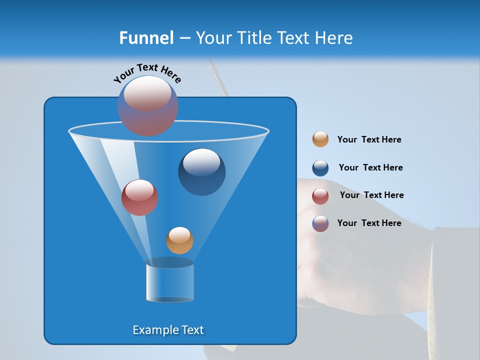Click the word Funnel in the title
146,38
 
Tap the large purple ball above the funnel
147,105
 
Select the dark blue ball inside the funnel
201,172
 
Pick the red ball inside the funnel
139,197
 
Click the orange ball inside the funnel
179,240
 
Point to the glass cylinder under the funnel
170,283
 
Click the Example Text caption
168,330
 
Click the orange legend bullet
320,139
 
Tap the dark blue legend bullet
320,168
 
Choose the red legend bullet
320,195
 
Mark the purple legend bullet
320,223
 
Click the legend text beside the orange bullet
369,140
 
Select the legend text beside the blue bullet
370,168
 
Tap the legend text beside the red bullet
371,195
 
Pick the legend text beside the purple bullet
369,223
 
